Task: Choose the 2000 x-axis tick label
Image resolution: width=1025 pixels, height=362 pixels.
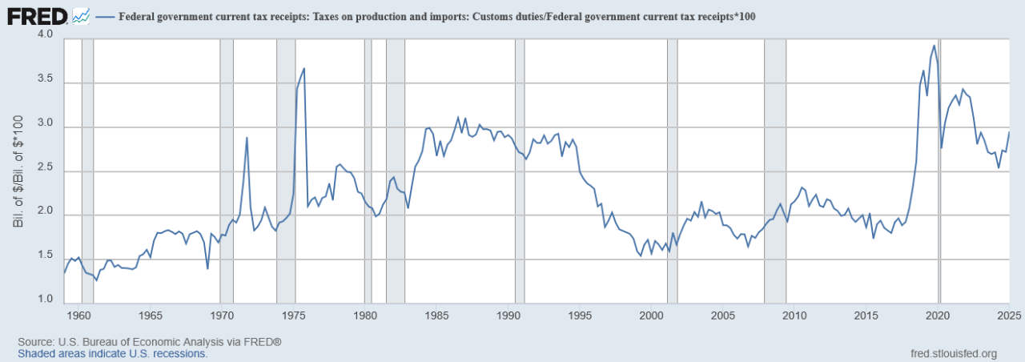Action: (652, 315)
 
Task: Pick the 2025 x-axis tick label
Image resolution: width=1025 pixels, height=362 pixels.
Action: (1007, 315)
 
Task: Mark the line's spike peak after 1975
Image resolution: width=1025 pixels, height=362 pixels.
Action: (303, 68)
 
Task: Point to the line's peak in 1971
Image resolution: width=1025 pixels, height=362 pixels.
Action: (247, 138)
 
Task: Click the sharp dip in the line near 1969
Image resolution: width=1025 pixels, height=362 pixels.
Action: (207, 268)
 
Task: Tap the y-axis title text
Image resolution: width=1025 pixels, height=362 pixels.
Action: (18, 168)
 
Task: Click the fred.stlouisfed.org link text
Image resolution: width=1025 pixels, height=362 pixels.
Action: (954, 353)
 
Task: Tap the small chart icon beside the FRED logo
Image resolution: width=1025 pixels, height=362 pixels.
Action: (80, 15)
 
